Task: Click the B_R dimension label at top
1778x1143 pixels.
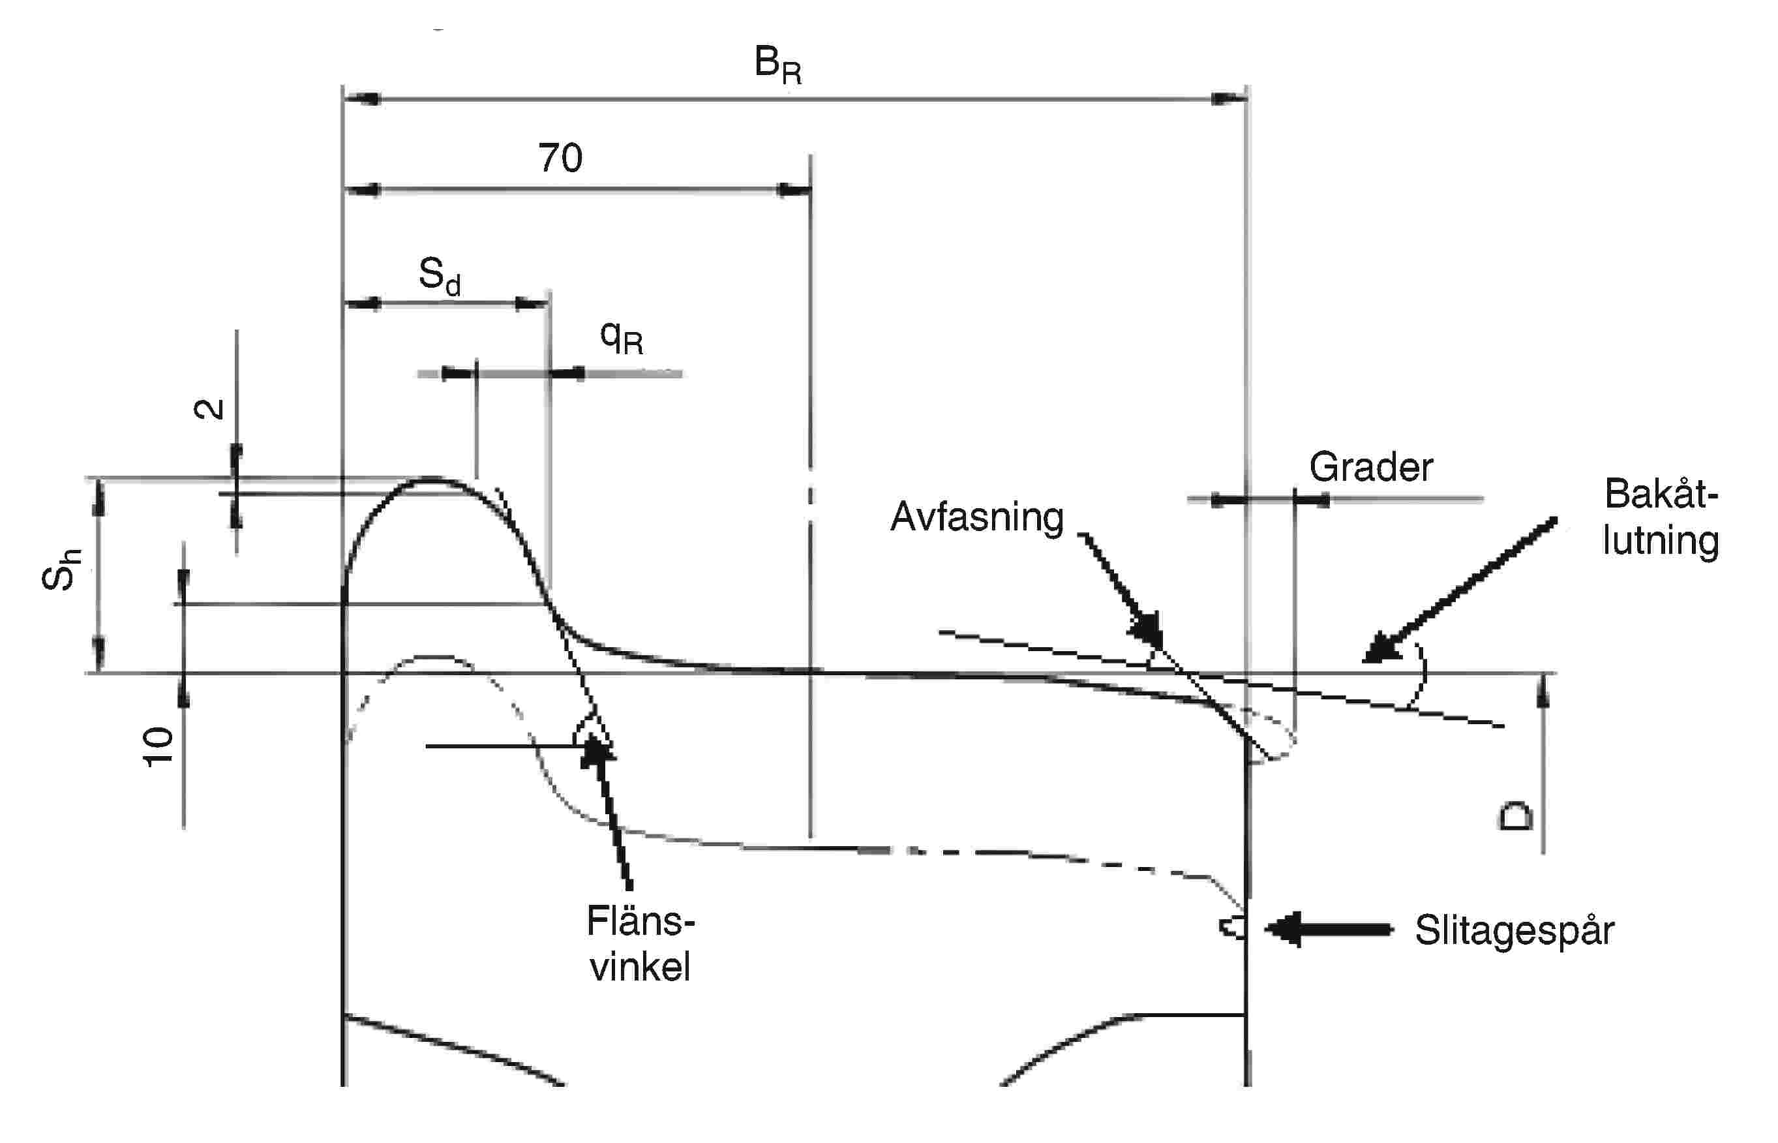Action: [776, 65]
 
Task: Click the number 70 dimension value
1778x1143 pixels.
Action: [560, 157]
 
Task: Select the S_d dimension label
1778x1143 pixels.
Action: [440, 276]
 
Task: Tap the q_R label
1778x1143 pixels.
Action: [621, 339]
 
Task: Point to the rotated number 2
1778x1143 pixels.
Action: [209, 409]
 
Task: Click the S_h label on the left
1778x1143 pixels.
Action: [61, 570]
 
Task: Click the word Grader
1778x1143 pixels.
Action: [1370, 468]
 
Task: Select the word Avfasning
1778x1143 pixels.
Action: [976, 517]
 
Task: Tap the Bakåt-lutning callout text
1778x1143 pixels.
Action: [1661, 517]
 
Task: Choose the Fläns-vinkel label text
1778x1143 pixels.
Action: [640, 944]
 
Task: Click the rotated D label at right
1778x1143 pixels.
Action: [1514, 816]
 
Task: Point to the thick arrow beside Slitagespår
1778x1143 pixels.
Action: [1329, 929]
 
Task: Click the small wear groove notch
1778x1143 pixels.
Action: [1232, 927]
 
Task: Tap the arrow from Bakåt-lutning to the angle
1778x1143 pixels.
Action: [1462, 588]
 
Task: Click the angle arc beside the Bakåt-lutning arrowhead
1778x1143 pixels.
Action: [1419, 675]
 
